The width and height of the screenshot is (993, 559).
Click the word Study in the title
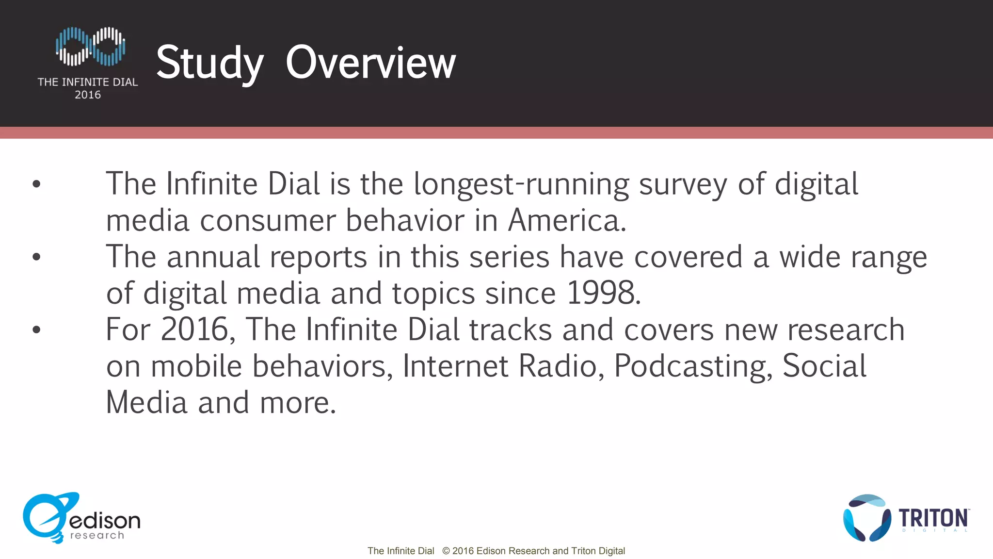(x=209, y=63)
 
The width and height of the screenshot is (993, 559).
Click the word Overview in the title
(x=370, y=63)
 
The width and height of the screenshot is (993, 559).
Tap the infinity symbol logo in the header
(x=90, y=47)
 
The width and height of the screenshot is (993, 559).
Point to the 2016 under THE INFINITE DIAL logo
(x=88, y=95)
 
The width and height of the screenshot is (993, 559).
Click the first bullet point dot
(x=36, y=184)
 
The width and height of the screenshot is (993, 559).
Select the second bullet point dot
(x=36, y=257)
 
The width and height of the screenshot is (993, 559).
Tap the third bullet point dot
(x=36, y=329)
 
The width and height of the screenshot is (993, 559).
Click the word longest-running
(x=521, y=184)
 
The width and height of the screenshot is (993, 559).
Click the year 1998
(x=603, y=293)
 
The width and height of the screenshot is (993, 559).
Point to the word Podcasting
(x=693, y=366)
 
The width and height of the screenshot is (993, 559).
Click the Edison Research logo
(x=81, y=518)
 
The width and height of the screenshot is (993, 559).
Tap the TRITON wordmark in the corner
(x=934, y=518)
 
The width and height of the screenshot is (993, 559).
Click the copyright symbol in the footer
(x=446, y=551)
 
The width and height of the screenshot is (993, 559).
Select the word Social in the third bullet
(x=824, y=366)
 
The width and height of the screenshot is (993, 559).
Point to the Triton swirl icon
(x=866, y=518)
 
